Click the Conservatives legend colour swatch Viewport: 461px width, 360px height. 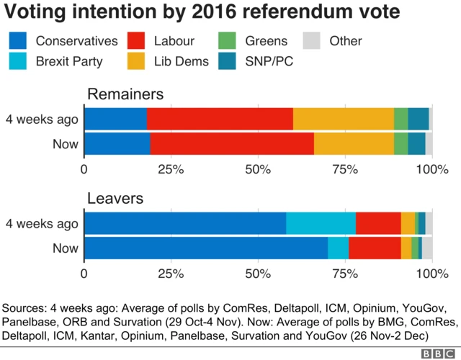[18, 41]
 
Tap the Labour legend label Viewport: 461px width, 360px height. [175, 41]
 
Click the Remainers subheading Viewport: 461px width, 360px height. [125, 94]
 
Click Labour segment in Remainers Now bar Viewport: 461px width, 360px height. [232, 144]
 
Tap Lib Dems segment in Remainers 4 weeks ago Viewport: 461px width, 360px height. [343, 119]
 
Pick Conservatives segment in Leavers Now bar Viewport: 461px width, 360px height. [206, 248]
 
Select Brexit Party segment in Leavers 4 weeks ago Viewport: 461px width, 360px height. [321, 223]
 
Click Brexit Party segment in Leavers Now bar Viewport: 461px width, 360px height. [338, 248]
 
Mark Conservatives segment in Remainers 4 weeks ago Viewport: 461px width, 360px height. [115, 119]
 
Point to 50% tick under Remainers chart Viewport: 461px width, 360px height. [258, 170]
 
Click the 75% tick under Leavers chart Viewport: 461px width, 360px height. [344, 274]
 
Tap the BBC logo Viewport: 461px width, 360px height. [436, 353]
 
